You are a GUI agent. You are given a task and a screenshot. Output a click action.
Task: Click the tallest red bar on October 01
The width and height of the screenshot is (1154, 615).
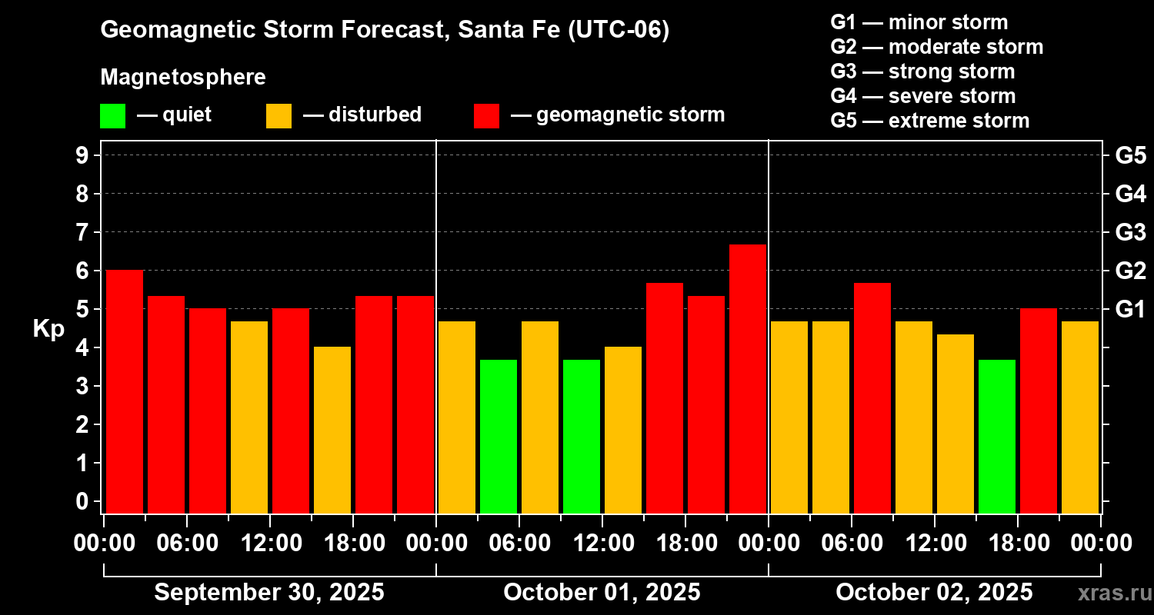tap(748, 378)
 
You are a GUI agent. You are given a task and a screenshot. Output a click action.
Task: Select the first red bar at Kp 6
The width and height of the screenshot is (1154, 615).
tap(125, 391)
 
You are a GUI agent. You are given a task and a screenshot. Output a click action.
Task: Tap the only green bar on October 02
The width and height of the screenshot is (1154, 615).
tap(997, 436)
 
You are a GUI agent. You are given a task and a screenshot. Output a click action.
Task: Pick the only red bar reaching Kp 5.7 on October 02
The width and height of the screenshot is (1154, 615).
tap(872, 397)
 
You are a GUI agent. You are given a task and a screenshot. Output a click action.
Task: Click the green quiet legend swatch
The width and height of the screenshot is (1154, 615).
tap(112, 116)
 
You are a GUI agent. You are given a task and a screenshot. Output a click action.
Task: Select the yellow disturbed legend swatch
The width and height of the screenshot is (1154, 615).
tap(278, 116)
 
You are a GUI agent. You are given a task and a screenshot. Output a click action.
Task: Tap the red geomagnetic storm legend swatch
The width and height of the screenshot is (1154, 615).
tap(486, 116)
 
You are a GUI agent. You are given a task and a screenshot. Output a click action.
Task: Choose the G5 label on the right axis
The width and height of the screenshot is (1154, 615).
tap(1130, 156)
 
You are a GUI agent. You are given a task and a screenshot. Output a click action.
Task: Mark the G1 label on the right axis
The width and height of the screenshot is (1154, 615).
tap(1130, 310)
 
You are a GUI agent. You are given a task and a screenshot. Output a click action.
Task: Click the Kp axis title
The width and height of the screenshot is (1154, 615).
tap(48, 329)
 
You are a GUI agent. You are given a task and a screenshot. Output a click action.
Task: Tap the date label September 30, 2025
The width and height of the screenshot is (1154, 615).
tap(269, 593)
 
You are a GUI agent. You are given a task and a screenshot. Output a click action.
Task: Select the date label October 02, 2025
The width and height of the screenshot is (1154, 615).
tap(934, 593)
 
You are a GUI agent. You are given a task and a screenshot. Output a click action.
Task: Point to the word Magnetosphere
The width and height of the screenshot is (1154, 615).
tap(183, 78)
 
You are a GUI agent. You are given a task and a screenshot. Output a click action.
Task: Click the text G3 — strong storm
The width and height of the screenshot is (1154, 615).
tap(922, 71)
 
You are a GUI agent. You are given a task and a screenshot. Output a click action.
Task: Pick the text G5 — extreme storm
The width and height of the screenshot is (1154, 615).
tap(929, 121)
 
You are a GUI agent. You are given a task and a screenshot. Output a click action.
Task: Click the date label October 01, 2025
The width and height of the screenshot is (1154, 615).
tap(602, 593)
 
